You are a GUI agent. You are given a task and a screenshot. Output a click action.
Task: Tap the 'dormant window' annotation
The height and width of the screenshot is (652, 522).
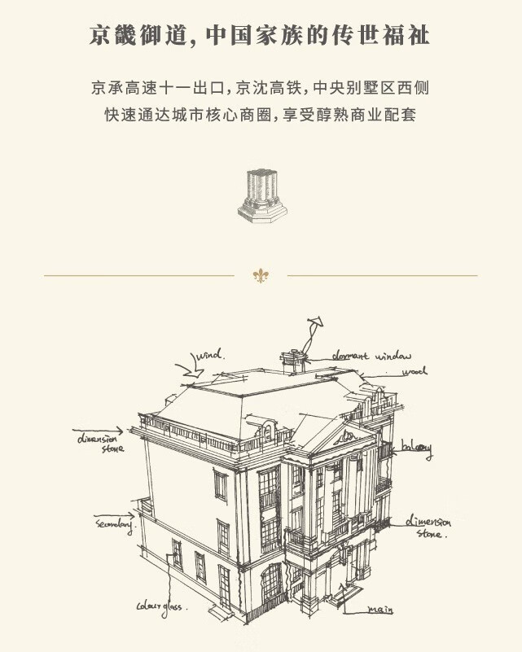point(371,356)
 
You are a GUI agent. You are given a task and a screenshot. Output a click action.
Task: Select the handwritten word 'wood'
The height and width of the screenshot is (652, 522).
point(414,372)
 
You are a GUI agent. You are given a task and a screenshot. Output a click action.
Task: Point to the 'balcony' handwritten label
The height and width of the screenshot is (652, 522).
point(415,449)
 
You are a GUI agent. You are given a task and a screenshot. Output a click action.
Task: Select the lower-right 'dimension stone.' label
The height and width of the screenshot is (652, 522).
point(428,527)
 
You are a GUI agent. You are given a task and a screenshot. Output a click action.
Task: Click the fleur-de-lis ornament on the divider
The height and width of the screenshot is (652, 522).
point(261,276)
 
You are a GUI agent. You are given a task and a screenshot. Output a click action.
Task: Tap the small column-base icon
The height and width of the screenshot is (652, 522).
point(262,195)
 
